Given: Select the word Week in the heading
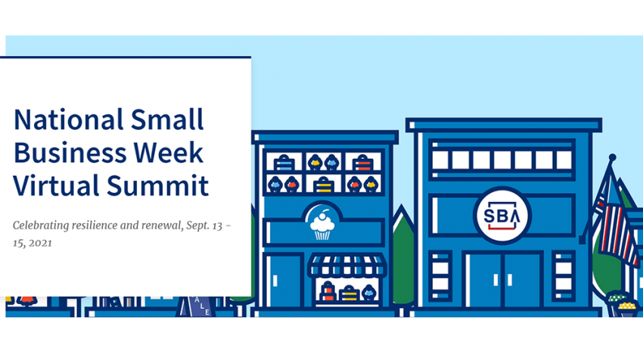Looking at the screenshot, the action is coord(169,153).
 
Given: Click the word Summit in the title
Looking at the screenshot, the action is coord(158,185).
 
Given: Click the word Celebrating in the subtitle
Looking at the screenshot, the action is coord(41,225).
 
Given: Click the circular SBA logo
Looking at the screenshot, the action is coord(502,216).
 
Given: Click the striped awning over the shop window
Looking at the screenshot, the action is coord(347,265).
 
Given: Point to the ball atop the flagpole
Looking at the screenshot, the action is coord(612,157).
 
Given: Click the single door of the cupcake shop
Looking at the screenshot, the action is coord(283,281).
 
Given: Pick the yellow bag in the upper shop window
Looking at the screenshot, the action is coord(323,185).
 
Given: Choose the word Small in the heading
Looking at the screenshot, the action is coord(167,119).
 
